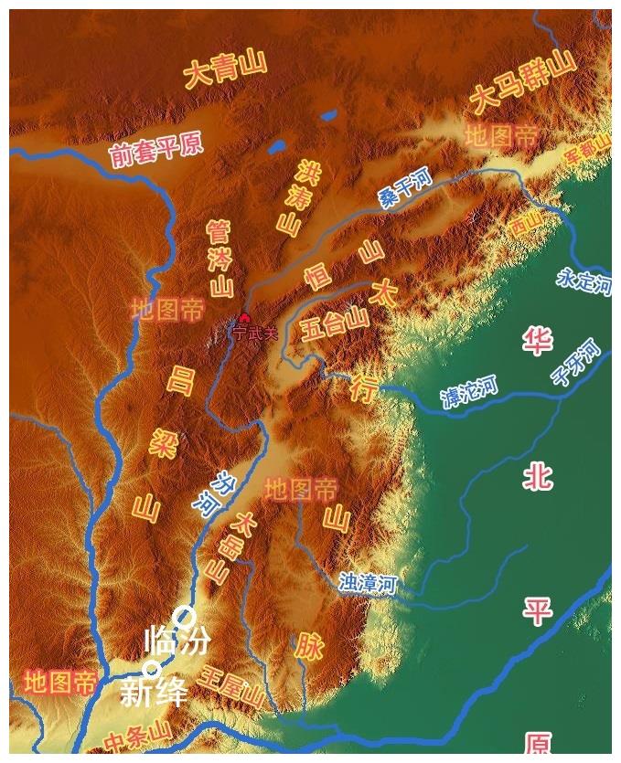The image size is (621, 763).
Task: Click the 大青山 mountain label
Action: pyautogui.click(x=225, y=69)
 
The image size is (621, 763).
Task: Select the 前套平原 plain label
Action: pyautogui.click(x=155, y=150)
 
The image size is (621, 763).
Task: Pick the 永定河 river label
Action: pyautogui.click(x=584, y=281)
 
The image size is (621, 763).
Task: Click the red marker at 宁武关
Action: pyautogui.click(x=244, y=319)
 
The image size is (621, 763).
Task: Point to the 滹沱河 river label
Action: pyautogui.click(x=469, y=391)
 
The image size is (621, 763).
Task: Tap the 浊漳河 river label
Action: pyautogui.click(x=367, y=583)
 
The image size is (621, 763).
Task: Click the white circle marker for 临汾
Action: pyautogui.click(x=184, y=615)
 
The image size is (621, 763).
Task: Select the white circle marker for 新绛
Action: pyautogui.click(x=152, y=670)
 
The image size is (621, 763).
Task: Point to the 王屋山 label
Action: pyautogui.click(x=233, y=689)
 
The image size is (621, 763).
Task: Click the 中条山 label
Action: pyautogui.click(x=137, y=735)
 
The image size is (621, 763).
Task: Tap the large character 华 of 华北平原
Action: pyautogui.click(x=538, y=343)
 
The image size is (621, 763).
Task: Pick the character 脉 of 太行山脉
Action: pyautogui.click(x=309, y=646)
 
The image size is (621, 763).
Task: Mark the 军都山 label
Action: pyautogui.click(x=587, y=149)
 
